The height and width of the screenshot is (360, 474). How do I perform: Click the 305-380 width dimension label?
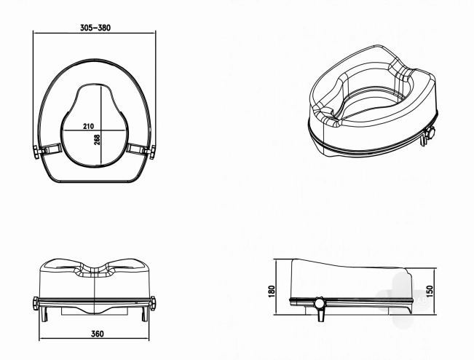click(95, 28)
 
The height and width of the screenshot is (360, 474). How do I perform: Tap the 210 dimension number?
click(88, 126)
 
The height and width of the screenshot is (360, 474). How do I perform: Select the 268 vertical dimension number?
click(97, 139)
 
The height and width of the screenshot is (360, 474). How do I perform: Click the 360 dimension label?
click(98, 334)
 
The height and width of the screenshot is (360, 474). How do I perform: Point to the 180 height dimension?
click(272, 291)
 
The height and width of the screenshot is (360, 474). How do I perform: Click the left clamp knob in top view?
click(37, 152)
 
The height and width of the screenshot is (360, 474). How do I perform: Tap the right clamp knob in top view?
click(152, 152)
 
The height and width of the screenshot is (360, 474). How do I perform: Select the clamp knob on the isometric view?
click(430, 133)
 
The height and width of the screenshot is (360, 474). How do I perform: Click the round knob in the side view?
click(319, 303)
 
